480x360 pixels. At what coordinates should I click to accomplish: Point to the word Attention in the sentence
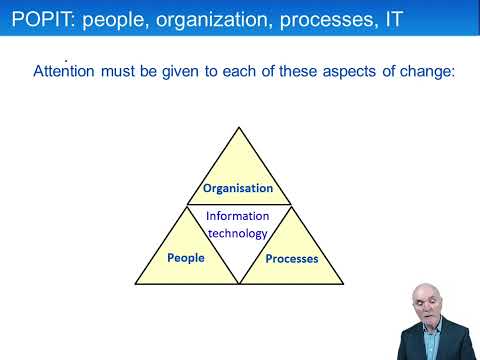tap(71, 72)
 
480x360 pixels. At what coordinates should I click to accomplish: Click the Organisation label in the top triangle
tap(238, 188)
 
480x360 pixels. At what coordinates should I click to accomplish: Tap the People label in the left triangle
tap(186, 258)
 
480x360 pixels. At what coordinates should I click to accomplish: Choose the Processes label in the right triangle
tap(291, 259)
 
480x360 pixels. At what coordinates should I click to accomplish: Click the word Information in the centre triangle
tap(238, 215)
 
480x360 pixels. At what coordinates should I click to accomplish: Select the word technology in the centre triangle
tap(238, 233)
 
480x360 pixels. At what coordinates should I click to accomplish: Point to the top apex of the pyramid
tap(238, 127)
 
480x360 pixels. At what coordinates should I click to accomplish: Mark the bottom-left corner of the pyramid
tap(136, 284)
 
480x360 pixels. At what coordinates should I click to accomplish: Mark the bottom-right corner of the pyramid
tap(341, 284)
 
